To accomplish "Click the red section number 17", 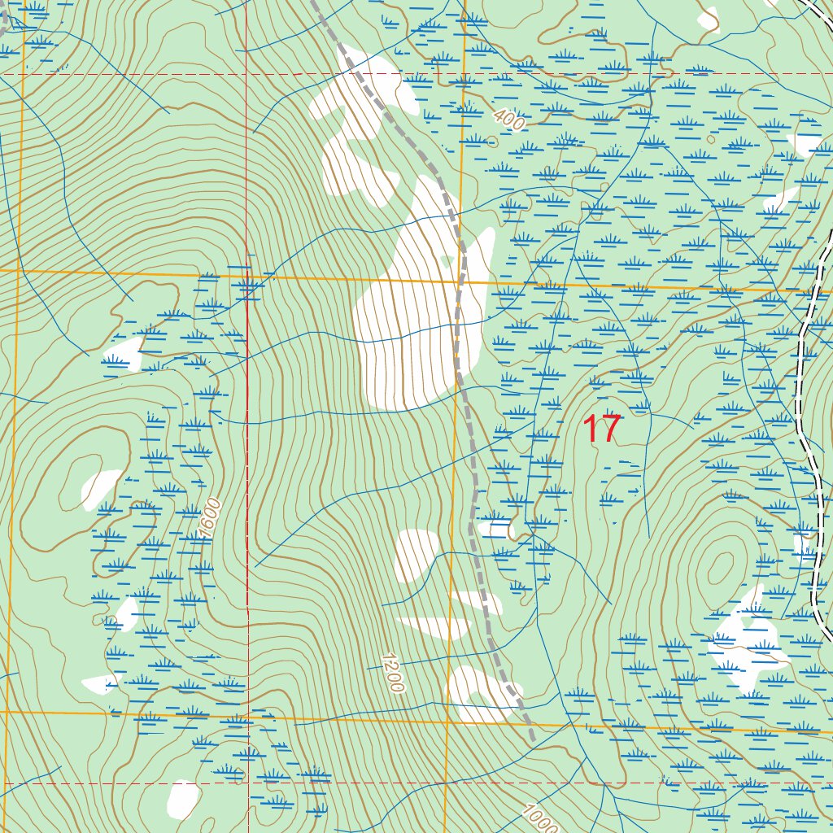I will pos(603,430).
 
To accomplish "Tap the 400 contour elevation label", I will pos(508,121).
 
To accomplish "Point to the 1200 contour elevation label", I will pos(391,672).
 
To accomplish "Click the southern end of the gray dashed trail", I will pos(532,739).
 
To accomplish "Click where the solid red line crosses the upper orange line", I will pos(247,278).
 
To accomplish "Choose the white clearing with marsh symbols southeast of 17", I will pos(744,643).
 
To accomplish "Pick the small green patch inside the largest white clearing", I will pos(446,259).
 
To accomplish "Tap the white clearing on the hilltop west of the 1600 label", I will pos(99,489).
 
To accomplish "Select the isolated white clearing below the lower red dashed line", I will pos(183,799).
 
